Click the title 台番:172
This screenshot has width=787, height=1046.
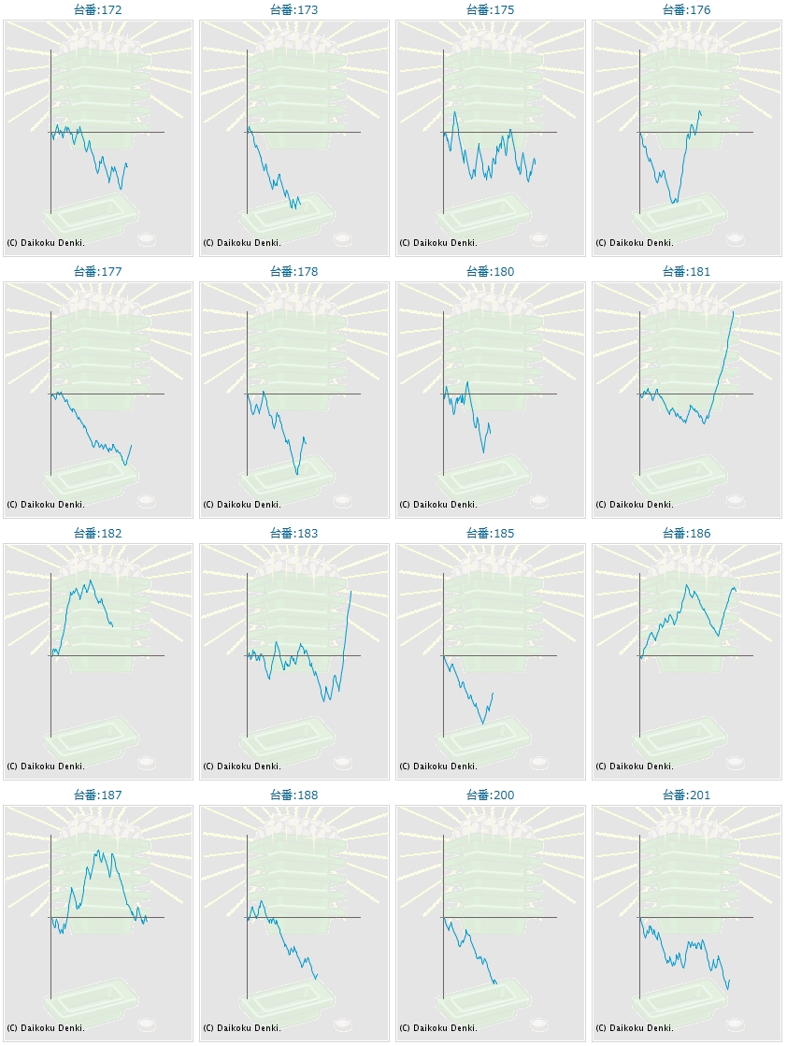(x=98, y=10)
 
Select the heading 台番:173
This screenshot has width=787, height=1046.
(x=294, y=10)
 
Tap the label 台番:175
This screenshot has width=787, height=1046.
(x=491, y=10)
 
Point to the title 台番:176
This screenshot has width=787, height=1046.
(x=687, y=10)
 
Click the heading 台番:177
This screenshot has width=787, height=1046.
(x=98, y=272)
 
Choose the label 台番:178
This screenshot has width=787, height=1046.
(x=294, y=272)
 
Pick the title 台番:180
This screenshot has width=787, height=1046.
(x=491, y=272)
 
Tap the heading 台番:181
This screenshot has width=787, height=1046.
(x=687, y=272)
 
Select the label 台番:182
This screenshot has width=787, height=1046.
(x=98, y=534)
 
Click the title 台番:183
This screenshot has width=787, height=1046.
(x=294, y=534)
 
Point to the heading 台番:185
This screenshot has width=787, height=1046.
(x=491, y=534)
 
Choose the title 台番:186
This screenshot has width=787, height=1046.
(x=687, y=534)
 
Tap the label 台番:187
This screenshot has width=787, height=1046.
(x=98, y=795)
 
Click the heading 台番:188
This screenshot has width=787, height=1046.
(x=294, y=795)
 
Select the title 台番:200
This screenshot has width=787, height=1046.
(x=491, y=795)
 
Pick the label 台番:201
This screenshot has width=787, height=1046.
(x=687, y=795)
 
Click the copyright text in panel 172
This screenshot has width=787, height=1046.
(x=46, y=243)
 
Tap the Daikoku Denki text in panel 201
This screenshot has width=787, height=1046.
(x=635, y=1028)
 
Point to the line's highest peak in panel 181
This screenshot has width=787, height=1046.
(x=734, y=312)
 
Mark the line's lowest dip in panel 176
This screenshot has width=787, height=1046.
(x=672, y=203)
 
